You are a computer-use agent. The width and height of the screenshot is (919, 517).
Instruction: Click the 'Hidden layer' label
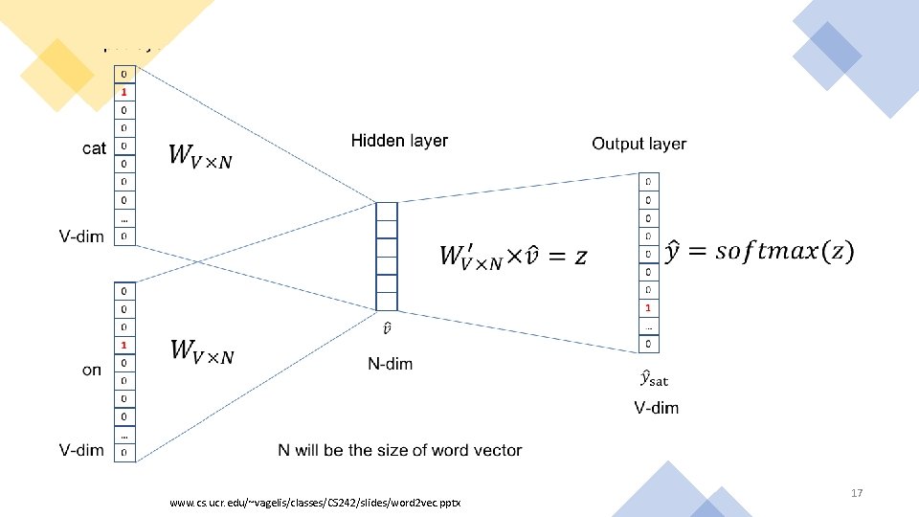point(399,141)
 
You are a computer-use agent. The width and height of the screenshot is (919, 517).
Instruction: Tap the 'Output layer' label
point(639,144)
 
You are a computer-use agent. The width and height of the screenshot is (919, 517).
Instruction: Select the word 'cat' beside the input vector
point(95,148)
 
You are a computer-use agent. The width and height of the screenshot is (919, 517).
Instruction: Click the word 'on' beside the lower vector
point(92,370)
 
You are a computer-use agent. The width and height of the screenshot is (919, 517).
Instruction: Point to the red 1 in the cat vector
point(123,92)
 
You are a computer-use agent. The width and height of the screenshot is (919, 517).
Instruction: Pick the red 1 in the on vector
point(123,345)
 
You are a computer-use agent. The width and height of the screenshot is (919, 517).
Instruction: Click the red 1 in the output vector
point(648,308)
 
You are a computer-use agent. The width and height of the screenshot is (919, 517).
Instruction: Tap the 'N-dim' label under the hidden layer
point(391,364)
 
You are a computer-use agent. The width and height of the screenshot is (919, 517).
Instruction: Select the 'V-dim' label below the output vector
point(656,408)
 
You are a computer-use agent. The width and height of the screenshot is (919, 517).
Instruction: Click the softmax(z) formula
point(759,251)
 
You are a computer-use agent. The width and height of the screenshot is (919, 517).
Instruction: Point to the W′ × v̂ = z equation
point(513,255)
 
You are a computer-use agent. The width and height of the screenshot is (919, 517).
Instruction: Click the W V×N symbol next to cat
point(200,156)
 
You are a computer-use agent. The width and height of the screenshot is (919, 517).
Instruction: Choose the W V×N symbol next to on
point(201,351)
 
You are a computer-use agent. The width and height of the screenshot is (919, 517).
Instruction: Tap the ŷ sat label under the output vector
point(655,379)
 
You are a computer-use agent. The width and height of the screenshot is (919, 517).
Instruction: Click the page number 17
point(857,493)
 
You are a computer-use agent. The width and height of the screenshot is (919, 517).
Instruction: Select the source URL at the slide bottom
point(314,503)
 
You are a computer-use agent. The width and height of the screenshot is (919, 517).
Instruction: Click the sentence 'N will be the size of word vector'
point(400,450)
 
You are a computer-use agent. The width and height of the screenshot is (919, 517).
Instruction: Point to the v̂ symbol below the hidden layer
point(386,329)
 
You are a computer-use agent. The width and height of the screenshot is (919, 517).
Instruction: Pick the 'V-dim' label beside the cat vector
point(81,236)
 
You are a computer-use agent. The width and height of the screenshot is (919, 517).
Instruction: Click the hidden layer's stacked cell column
point(386,256)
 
